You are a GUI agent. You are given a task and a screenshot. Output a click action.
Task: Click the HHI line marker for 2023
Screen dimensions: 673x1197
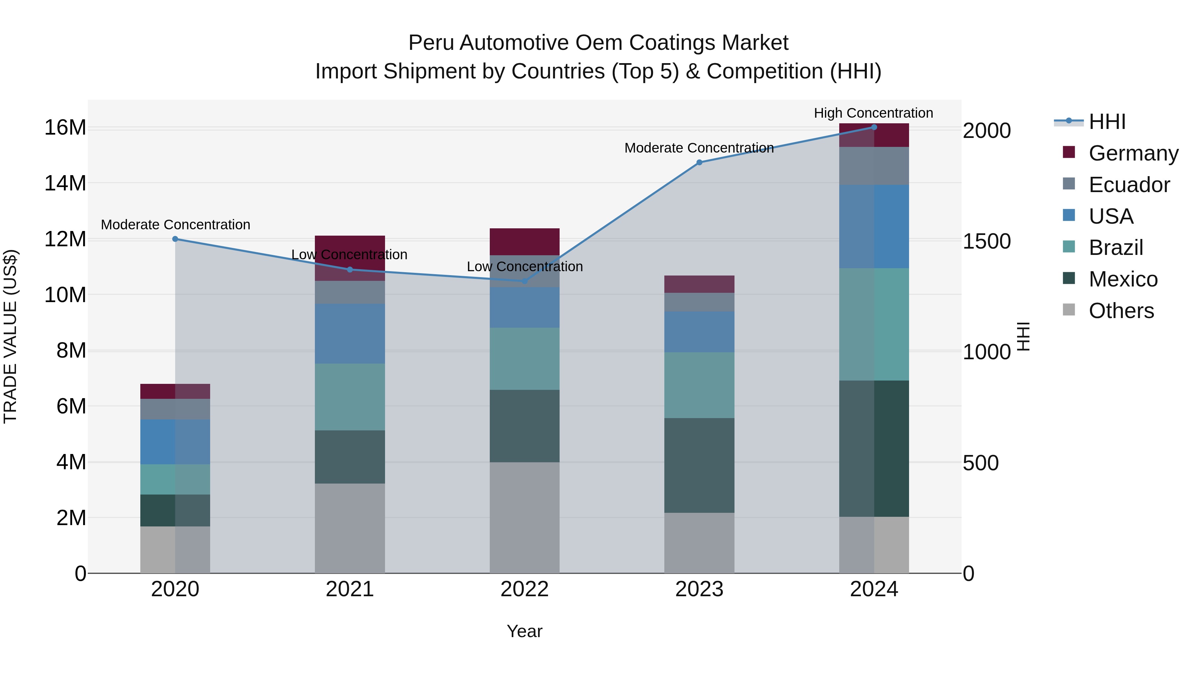tap(699, 162)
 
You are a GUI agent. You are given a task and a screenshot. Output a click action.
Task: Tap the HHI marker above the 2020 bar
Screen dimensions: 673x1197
tap(175, 239)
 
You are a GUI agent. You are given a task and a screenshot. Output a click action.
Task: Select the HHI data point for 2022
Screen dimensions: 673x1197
tap(525, 281)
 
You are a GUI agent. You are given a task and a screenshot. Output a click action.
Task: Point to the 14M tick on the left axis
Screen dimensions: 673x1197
tap(65, 183)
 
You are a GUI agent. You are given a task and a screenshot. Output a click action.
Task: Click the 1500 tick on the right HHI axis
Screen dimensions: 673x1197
tap(986, 241)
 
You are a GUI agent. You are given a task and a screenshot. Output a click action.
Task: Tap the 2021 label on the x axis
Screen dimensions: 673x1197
tap(349, 589)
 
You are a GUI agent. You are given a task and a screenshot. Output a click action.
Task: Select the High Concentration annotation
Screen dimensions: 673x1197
tap(873, 113)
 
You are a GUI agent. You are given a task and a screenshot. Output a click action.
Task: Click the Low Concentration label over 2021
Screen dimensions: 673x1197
tap(349, 255)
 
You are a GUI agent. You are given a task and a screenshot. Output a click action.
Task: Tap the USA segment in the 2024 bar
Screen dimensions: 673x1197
tap(873, 226)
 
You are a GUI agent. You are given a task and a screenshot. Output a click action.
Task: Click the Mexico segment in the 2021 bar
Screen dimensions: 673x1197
tap(349, 457)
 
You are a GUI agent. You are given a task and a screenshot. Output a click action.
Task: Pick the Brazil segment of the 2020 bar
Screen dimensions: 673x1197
tap(175, 479)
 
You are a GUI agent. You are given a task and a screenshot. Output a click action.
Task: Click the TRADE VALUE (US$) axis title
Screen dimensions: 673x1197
tap(10, 336)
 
